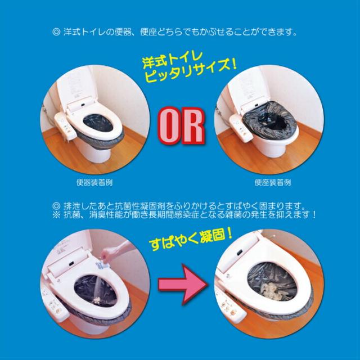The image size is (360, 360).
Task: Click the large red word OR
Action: tap(182, 125)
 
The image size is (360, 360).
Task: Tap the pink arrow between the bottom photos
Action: tap(183, 285)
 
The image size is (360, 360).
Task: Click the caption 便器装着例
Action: tap(94, 182)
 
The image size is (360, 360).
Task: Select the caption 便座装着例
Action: tap(273, 182)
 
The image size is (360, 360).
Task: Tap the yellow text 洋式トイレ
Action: tap(173, 58)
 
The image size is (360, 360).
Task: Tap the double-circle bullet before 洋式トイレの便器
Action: tap(56, 31)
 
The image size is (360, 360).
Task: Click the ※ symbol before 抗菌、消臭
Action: tap(56, 215)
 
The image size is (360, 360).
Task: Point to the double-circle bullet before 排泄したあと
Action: tap(56, 205)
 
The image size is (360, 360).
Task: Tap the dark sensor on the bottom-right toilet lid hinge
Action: tap(240, 253)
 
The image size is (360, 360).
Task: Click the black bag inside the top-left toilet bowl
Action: tap(98, 123)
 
